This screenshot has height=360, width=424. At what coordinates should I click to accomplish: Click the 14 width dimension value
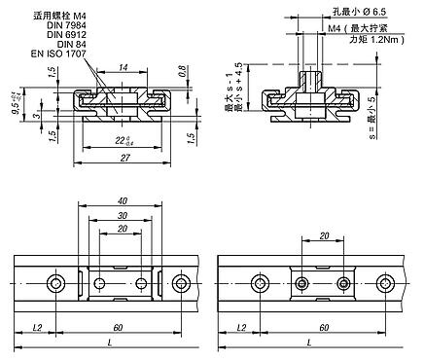(x=124, y=67)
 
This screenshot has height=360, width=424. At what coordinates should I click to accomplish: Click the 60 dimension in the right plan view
(x=321, y=329)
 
